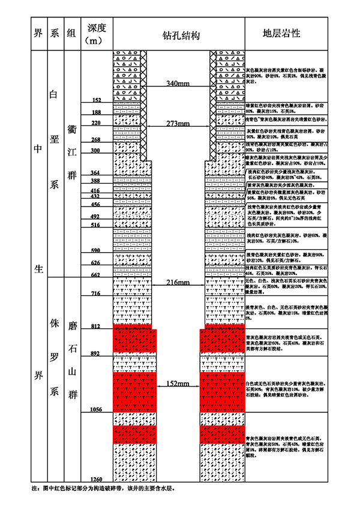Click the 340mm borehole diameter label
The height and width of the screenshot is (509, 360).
[x=178, y=83]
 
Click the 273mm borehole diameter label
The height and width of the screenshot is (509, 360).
[x=178, y=124]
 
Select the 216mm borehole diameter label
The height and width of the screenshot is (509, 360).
[x=178, y=282]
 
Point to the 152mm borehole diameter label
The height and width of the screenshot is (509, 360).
[x=178, y=383]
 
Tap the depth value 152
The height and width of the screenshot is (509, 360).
[x=96, y=100]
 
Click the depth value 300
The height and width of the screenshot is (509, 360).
[x=96, y=151]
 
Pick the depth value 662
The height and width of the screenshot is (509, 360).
[x=96, y=275]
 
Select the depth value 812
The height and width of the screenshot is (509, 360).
[x=96, y=326]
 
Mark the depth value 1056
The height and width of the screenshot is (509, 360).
[x=96, y=409]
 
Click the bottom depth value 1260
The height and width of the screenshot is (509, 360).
[x=96, y=478]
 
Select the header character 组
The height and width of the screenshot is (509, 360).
[x=71, y=33]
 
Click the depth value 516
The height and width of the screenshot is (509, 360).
[x=96, y=225]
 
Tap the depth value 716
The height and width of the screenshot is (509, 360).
[x=96, y=294]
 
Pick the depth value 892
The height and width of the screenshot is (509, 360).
[x=96, y=354]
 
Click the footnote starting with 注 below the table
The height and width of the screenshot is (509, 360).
[x=103, y=489]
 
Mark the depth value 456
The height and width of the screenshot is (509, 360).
[x=96, y=205]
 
